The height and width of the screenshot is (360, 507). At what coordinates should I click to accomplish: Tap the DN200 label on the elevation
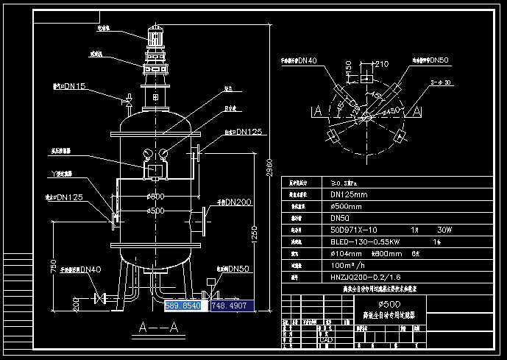pos(238,201)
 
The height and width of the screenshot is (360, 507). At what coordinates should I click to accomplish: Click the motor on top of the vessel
pos(155,37)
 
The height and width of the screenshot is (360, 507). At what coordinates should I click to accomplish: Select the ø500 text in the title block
pos(389,304)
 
